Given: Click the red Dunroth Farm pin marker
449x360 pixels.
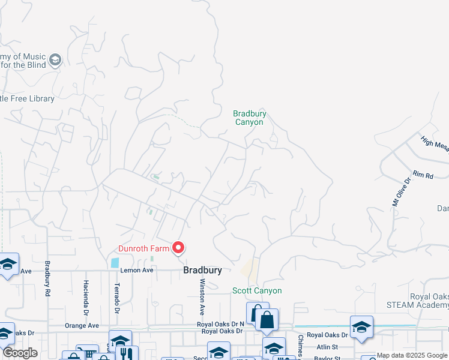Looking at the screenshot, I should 178,247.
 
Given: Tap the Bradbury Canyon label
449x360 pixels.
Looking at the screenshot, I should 249,118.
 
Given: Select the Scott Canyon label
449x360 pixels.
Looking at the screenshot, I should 257,290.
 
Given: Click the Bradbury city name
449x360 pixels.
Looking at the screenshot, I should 202,271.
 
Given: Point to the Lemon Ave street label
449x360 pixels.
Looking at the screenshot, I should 137,271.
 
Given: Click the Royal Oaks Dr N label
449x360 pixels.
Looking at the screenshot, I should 221,324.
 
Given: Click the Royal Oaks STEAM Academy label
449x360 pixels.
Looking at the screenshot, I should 429,301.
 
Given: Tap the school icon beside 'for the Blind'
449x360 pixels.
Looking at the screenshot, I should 55,59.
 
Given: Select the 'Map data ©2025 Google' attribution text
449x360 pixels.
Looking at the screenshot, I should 412,355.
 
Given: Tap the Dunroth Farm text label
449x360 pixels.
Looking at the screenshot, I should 143,247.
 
